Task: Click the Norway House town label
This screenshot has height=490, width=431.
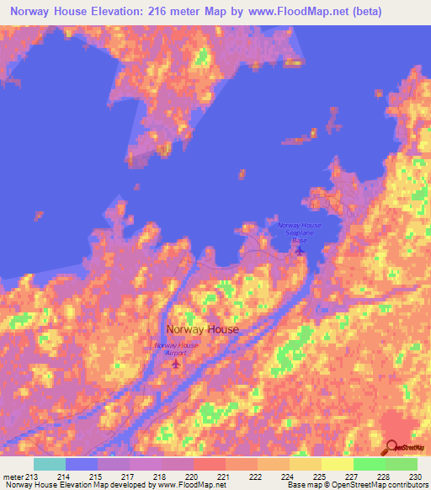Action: click(202, 330)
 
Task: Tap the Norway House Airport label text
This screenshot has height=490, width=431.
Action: click(176, 349)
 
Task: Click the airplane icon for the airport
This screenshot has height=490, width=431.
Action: click(176, 364)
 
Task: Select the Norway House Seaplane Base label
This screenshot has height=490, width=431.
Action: click(301, 232)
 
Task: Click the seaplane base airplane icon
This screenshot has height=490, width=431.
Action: click(300, 248)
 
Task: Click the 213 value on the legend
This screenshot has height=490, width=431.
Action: click(32, 476)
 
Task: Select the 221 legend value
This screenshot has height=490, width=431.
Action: click(223, 476)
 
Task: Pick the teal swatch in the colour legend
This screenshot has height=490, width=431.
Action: click(49, 464)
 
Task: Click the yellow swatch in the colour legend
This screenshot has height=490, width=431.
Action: click(337, 464)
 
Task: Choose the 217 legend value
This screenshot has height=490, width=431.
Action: click(128, 476)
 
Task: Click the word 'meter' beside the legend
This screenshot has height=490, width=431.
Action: click(12, 476)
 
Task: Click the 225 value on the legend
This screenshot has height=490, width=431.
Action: click(319, 476)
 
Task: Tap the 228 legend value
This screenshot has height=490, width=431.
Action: click(383, 476)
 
